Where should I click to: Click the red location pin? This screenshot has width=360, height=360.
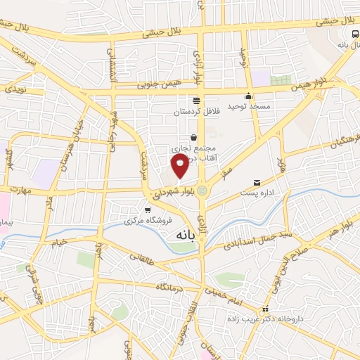click(181, 164)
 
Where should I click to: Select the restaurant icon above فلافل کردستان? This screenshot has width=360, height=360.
click(196, 100)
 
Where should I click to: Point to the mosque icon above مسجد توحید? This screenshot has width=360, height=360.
click(247, 97)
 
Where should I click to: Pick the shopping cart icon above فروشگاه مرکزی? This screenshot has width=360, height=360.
click(147, 210)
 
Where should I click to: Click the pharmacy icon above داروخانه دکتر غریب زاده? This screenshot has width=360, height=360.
click(265, 309)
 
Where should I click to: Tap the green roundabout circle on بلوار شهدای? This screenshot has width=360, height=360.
click(202, 189)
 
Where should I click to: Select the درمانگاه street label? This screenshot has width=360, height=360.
click(171, 286)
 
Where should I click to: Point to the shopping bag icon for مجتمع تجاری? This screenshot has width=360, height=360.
click(193, 136)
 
